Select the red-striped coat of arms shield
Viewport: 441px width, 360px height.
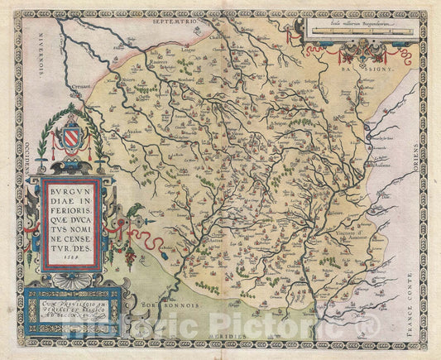(x=75, y=134)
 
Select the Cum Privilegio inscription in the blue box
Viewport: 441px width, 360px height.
(x=74, y=305)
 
